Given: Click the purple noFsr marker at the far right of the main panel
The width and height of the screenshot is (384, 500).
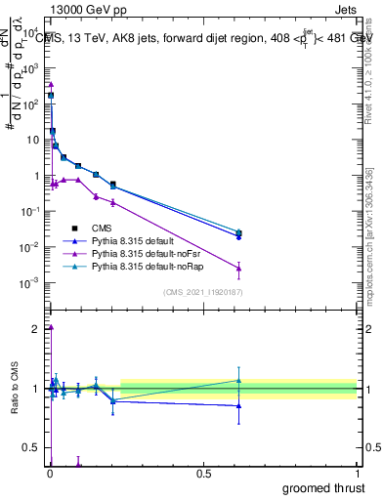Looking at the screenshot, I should [239, 268].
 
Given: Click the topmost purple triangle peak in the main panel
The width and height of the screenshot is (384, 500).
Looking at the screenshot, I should [51, 85].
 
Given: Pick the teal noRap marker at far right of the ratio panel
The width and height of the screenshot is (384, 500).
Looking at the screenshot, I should [239, 381].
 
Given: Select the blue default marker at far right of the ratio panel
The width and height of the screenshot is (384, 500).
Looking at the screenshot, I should [239, 405].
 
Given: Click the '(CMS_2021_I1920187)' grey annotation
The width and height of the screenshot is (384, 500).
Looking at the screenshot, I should [202, 293].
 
